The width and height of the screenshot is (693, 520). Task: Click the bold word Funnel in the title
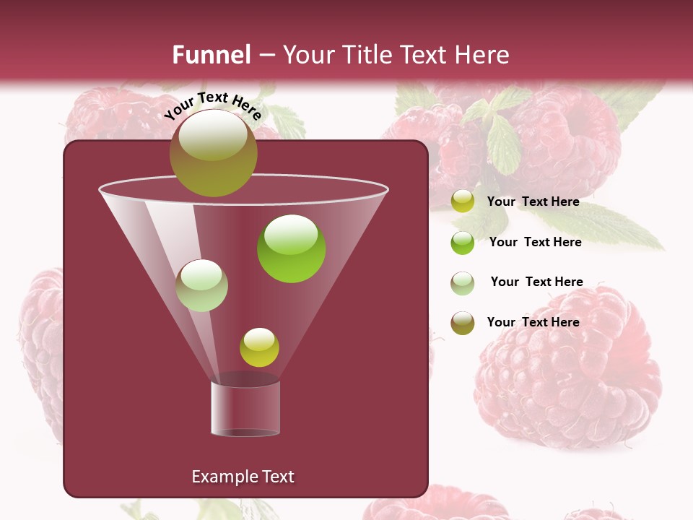tap(211, 55)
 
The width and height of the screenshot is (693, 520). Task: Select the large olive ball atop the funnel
tap(213, 152)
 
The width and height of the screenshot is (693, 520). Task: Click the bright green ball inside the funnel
tap(291, 248)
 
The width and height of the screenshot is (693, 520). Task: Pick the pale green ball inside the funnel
tap(201, 285)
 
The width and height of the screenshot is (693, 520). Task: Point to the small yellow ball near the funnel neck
tap(259, 347)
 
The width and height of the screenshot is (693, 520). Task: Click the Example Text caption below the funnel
tap(243, 477)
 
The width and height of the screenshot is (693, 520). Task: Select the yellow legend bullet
tap(463, 201)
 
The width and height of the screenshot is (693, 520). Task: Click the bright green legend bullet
tap(463, 243)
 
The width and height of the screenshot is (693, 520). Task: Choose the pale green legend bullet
tap(463, 283)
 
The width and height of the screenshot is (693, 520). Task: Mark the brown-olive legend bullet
tap(463, 323)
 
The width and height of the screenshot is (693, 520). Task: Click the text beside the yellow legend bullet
tap(533, 201)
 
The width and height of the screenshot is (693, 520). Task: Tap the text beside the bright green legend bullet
tap(535, 242)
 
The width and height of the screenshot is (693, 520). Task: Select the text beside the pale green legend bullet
tap(536, 282)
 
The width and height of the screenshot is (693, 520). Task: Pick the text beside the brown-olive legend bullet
tap(533, 322)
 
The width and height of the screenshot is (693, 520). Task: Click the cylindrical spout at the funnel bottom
tap(245, 408)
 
